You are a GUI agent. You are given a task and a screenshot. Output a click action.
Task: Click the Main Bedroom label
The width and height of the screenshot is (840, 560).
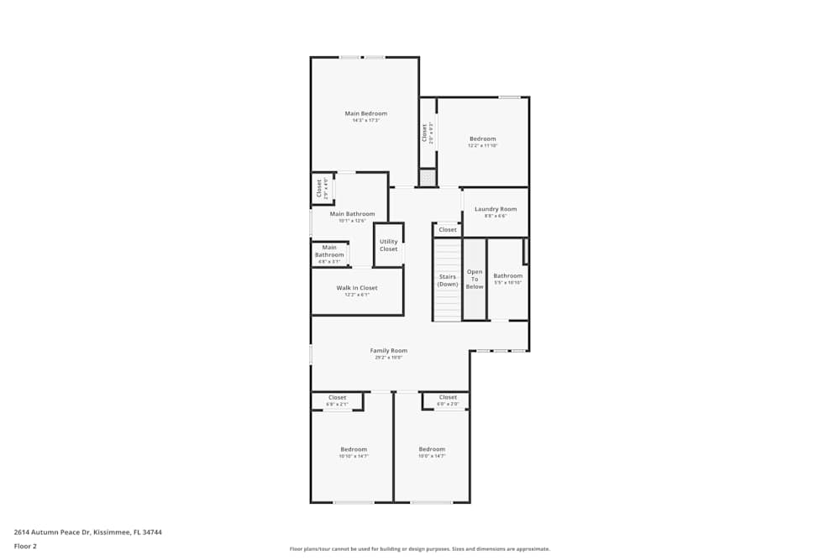[365, 113]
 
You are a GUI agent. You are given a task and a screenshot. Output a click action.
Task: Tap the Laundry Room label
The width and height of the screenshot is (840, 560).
[496, 209]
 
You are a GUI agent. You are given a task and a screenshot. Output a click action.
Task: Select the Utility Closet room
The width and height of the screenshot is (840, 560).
[388, 245]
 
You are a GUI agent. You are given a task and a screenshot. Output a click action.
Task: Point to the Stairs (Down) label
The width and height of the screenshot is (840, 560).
[448, 280]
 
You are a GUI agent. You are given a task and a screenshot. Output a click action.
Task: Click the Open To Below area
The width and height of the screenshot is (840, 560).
[475, 280]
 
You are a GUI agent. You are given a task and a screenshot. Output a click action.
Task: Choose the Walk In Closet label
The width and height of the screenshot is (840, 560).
[357, 288]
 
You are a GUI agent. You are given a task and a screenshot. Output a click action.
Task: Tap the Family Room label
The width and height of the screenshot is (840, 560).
[389, 350]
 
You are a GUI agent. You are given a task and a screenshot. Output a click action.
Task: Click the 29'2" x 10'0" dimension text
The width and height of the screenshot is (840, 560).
[389, 358]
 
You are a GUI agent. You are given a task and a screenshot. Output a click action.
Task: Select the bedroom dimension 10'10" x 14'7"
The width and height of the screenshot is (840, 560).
[353, 457]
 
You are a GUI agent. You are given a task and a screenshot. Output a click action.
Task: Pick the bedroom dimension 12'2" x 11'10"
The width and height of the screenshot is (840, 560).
[482, 146]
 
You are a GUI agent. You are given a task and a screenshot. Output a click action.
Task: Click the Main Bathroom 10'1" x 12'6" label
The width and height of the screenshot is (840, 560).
[352, 214]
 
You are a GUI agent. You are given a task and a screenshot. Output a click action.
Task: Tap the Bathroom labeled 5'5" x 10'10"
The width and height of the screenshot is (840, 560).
[507, 276]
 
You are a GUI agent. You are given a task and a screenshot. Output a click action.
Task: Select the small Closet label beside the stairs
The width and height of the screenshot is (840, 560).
[448, 229]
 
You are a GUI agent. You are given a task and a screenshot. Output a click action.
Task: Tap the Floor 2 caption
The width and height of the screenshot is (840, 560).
[25, 546]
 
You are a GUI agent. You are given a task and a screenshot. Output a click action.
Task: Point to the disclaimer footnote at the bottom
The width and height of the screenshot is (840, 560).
[420, 549]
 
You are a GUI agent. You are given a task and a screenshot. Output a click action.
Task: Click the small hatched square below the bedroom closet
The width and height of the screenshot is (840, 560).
[428, 178]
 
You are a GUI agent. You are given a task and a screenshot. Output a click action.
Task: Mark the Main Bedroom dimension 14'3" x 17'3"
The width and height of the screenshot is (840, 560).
[365, 121]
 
